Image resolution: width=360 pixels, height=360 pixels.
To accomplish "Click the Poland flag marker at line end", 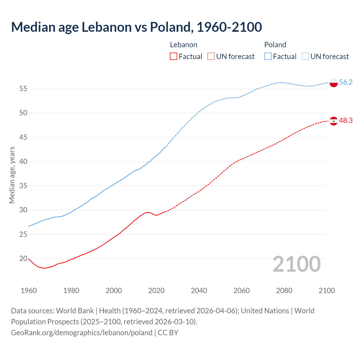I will [334, 83].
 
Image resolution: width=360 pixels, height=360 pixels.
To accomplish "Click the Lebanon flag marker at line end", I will [334, 121].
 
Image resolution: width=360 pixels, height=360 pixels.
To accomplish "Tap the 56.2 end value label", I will [346, 82].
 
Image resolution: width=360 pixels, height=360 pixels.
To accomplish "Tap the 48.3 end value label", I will [346, 121].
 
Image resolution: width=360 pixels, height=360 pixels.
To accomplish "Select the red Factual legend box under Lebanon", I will [174, 57].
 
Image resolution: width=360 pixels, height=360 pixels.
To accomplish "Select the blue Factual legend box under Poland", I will [268, 57].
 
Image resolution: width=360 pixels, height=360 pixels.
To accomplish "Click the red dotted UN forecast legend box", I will [211, 57].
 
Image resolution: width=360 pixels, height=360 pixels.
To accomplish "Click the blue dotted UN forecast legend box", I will [305, 57].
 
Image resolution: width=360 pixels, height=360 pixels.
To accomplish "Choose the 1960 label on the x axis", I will [29, 291].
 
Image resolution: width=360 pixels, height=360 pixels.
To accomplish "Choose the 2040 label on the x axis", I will [199, 291].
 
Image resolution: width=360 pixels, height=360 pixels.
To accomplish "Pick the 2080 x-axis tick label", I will [284, 291].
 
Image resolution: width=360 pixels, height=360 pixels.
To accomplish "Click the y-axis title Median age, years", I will [12, 175].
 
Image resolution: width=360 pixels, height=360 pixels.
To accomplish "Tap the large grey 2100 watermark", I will [297, 264].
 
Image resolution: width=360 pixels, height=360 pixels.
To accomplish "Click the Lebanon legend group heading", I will [184, 45].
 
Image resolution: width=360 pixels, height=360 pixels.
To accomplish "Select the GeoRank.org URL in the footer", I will [82, 333].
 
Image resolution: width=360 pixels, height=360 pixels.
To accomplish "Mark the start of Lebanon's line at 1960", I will [29, 259].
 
